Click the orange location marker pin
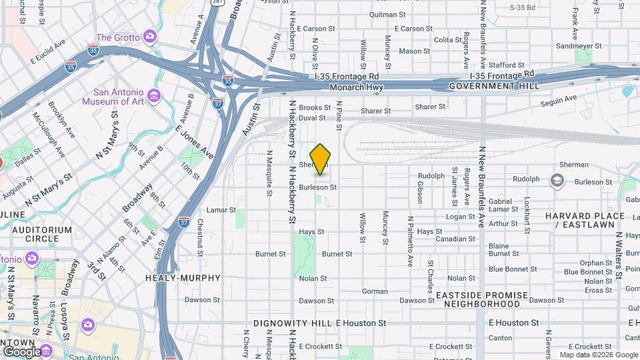coord(321,159)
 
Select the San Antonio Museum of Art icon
coord(155,97)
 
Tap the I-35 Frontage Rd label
coord(347,77)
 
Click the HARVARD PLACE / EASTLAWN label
coord(585,221)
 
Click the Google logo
coord(21,351)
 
